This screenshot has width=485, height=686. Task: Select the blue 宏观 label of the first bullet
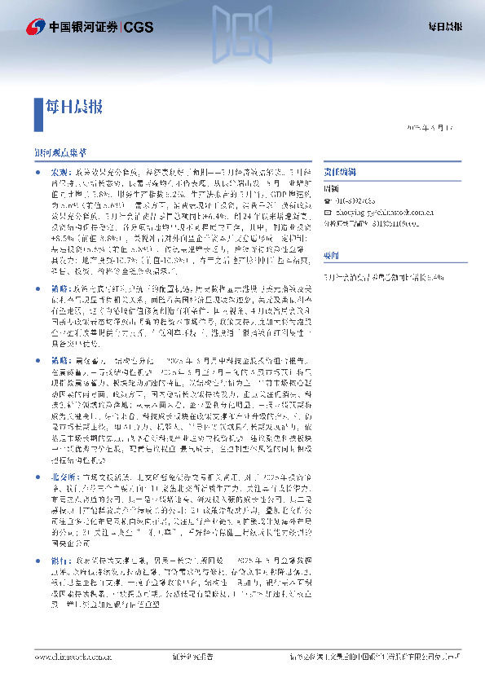(x=61, y=174)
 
